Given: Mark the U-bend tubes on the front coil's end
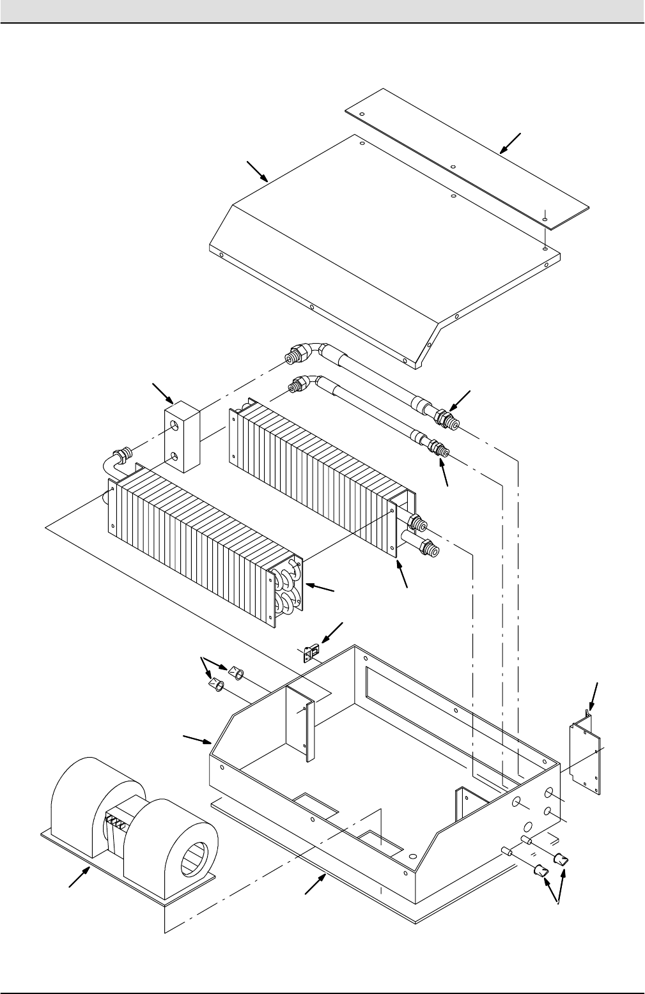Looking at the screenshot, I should point(288,585).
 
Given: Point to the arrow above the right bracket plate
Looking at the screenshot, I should point(594,696).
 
